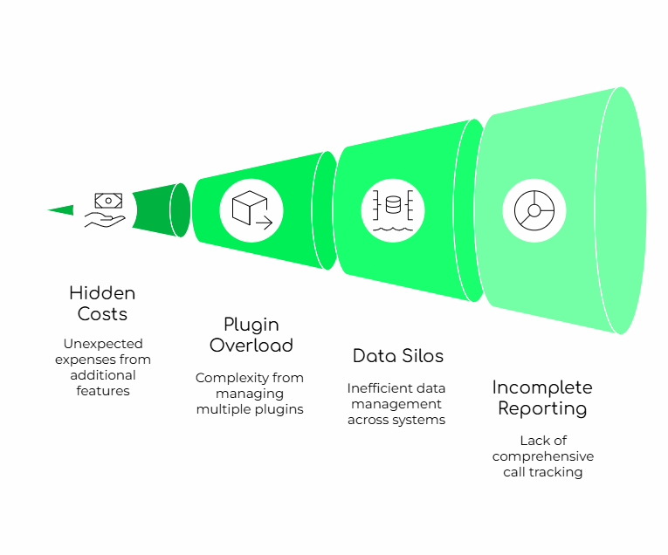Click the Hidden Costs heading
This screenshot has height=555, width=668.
click(x=102, y=304)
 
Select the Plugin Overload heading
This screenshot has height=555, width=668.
click(x=251, y=335)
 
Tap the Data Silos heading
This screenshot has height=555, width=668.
click(x=398, y=356)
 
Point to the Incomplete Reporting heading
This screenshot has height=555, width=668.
click(x=541, y=398)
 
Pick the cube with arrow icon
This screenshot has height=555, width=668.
click(x=251, y=210)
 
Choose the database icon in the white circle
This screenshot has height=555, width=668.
click(x=392, y=210)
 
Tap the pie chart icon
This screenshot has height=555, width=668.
click(x=534, y=210)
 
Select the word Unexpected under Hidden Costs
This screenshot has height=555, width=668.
click(x=102, y=344)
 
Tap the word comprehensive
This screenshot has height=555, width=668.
click(x=542, y=456)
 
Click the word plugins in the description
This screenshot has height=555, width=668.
click(x=279, y=409)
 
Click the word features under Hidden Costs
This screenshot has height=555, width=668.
click(x=102, y=391)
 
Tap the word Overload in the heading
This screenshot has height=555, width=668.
click(x=251, y=346)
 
